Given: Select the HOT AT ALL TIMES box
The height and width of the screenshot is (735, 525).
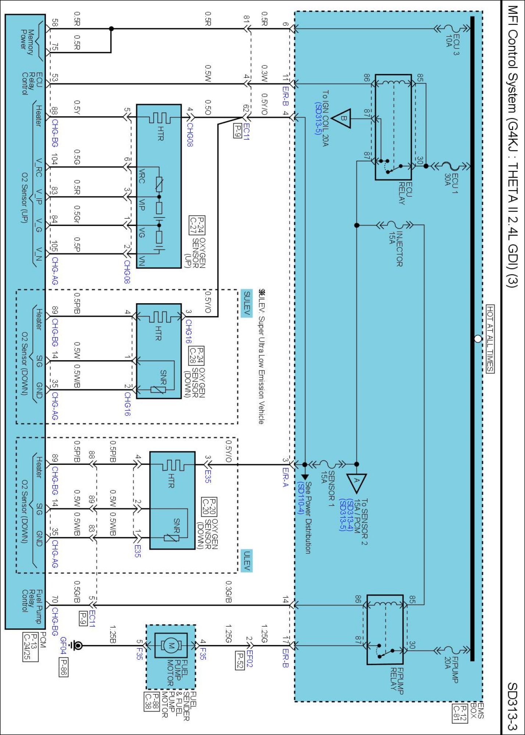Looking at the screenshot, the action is (x=490, y=338).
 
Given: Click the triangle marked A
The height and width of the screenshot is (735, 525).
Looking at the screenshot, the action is (x=356, y=483).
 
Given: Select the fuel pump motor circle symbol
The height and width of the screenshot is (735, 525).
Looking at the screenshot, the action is (x=170, y=645).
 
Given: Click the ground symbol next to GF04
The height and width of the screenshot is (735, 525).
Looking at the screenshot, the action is (x=77, y=645).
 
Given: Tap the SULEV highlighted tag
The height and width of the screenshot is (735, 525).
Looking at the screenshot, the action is (x=247, y=303).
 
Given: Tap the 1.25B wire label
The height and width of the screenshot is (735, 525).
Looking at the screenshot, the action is (x=113, y=635).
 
